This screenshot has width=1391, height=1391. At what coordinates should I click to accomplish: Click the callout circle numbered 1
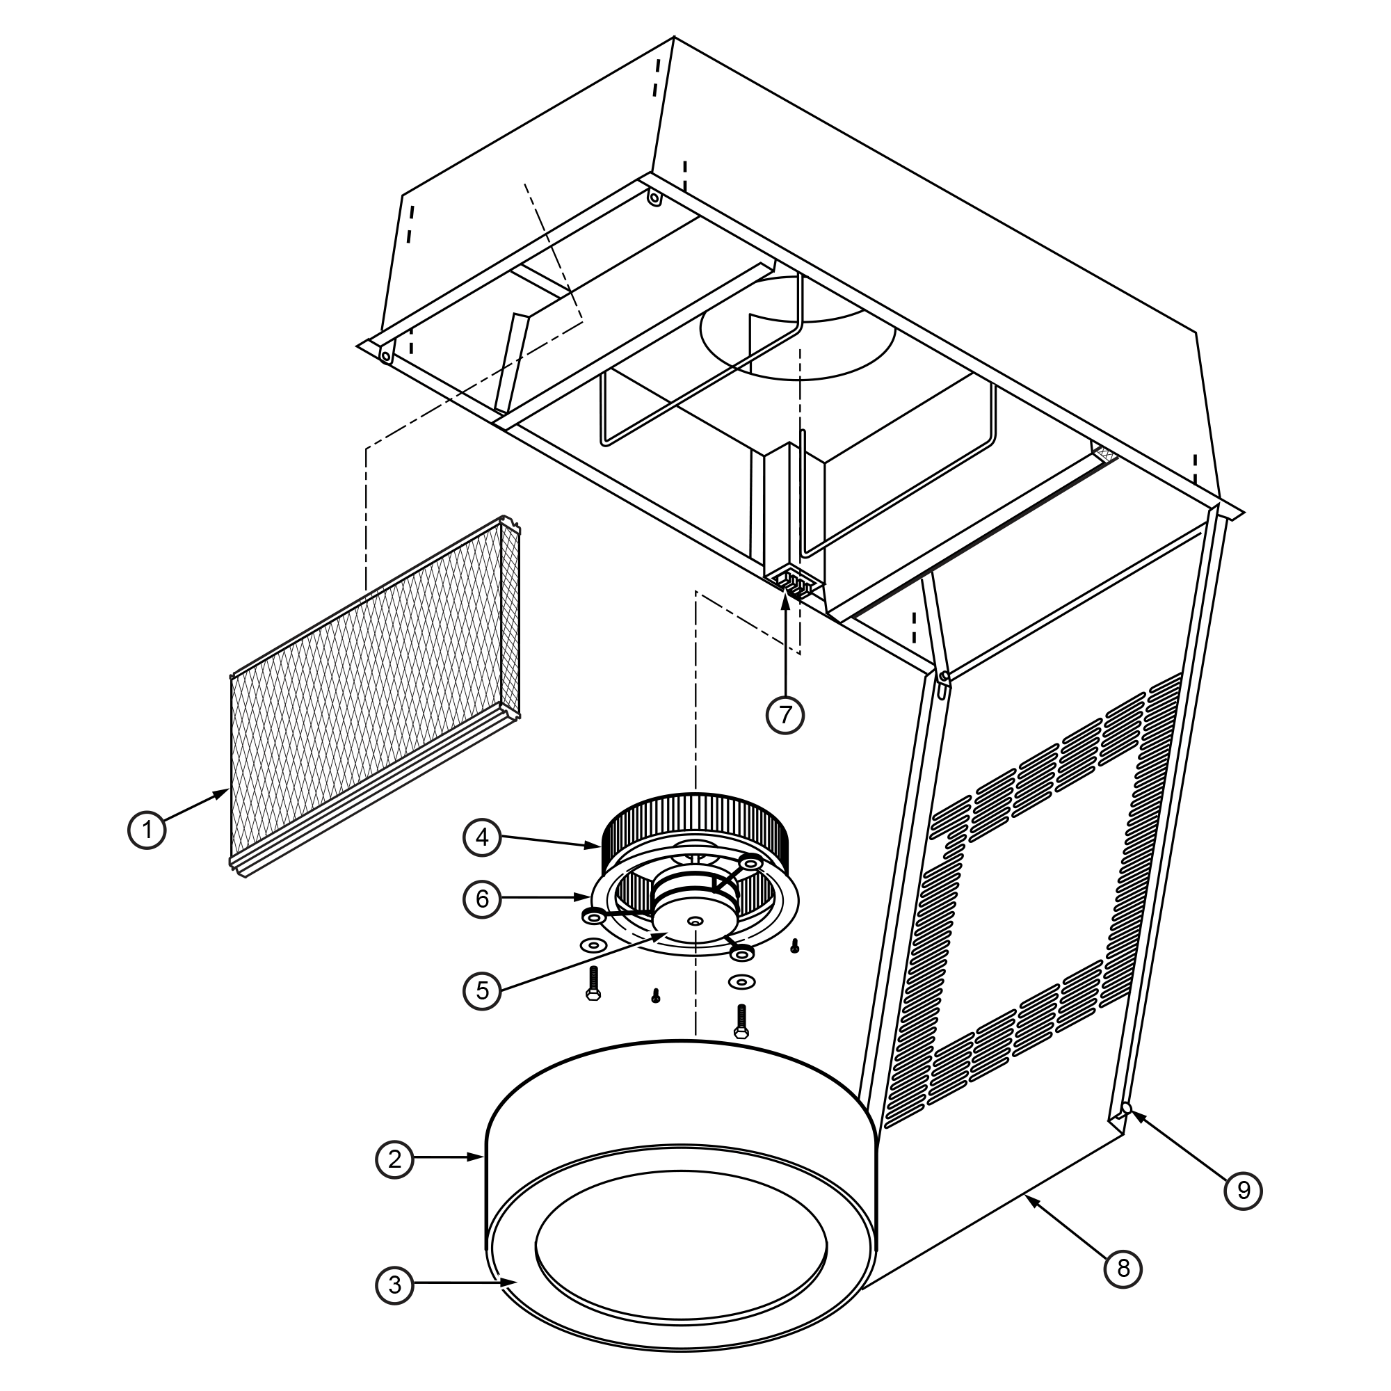point(147,830)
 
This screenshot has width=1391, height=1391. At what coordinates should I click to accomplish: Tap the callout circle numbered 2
point(394,1159)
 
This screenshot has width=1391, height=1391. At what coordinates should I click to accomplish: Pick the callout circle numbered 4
point(482,837)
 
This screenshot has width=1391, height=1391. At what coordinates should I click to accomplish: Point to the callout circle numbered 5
point(482,990)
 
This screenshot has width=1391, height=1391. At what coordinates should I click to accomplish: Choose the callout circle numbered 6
point(482,899)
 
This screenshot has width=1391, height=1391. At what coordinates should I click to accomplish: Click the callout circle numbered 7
point(785,715)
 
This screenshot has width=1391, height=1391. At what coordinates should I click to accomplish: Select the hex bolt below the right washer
point(741,1022)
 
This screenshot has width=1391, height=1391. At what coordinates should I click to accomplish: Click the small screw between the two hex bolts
point(655,997)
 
